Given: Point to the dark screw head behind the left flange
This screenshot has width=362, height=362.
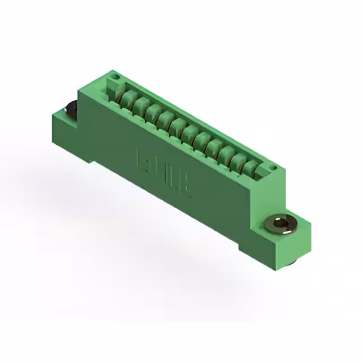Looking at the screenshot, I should click(x=72, y=109).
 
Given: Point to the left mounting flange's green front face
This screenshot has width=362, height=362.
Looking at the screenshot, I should click(x=68, y=133).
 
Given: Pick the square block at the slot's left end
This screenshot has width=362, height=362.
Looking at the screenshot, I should click(x=114, y=88).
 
